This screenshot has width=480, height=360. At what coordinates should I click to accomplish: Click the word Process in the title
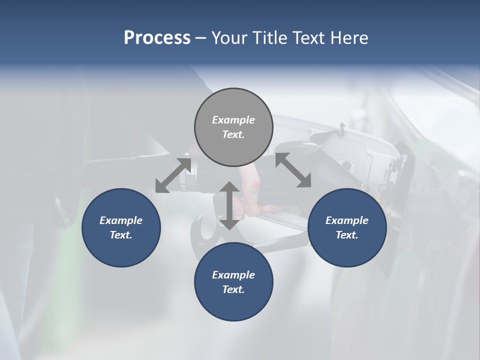point(157,38)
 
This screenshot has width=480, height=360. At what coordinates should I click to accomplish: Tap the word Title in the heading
point(270,38)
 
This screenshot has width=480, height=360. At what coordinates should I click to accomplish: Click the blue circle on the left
point(121,227)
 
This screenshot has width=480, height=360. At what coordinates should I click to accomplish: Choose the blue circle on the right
point(347,227)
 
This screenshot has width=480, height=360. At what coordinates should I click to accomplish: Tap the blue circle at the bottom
point(233,281)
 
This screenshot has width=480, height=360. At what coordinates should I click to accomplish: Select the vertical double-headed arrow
point(229,205)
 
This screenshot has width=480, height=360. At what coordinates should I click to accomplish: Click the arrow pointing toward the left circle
point(173,175)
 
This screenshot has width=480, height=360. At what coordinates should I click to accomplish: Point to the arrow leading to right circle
point(293,170)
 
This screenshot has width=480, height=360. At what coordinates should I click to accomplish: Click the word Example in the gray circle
point(233,120)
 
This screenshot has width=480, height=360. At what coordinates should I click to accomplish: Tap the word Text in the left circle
point(121,235)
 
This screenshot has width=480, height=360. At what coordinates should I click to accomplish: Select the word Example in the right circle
point(347,220)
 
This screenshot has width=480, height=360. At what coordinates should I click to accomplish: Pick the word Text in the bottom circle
point(233,289)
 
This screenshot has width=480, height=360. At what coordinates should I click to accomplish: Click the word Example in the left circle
point(121,220)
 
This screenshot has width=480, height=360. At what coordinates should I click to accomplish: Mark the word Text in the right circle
point(346,235)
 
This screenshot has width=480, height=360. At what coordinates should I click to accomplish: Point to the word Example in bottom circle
point(233,275)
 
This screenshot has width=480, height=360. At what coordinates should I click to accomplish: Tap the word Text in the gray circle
point(233,134)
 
